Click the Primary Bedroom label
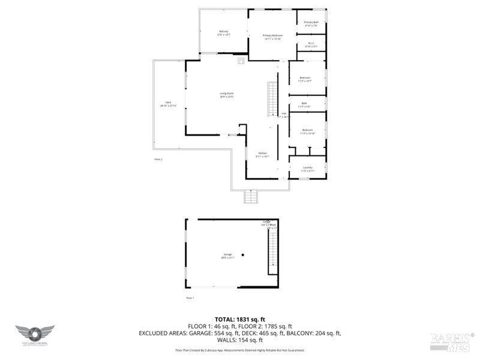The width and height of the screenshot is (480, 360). [x=272, y=37]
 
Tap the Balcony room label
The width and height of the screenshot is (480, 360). [x=224, y=32]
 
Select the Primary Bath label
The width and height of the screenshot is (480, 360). [x=311, y=23]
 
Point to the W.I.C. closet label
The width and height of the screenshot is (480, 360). [x=311, y=44]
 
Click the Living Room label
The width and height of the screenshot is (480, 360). [x=226, y=94]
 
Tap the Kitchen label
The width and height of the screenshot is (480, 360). [x=263, y=154]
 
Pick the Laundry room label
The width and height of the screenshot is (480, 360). [x=307, y=169]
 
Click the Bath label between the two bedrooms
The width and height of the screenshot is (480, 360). [x=304, y=105]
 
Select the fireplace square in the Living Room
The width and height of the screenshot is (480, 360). [x=241, y=60]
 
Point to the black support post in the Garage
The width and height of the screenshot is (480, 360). [x=244, y=253]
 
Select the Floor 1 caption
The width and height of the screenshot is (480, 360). [x=190, y=298]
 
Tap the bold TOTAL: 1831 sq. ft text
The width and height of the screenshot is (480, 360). [x=239, y=319]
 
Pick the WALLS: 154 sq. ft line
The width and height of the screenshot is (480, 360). [x=239, y=340]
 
